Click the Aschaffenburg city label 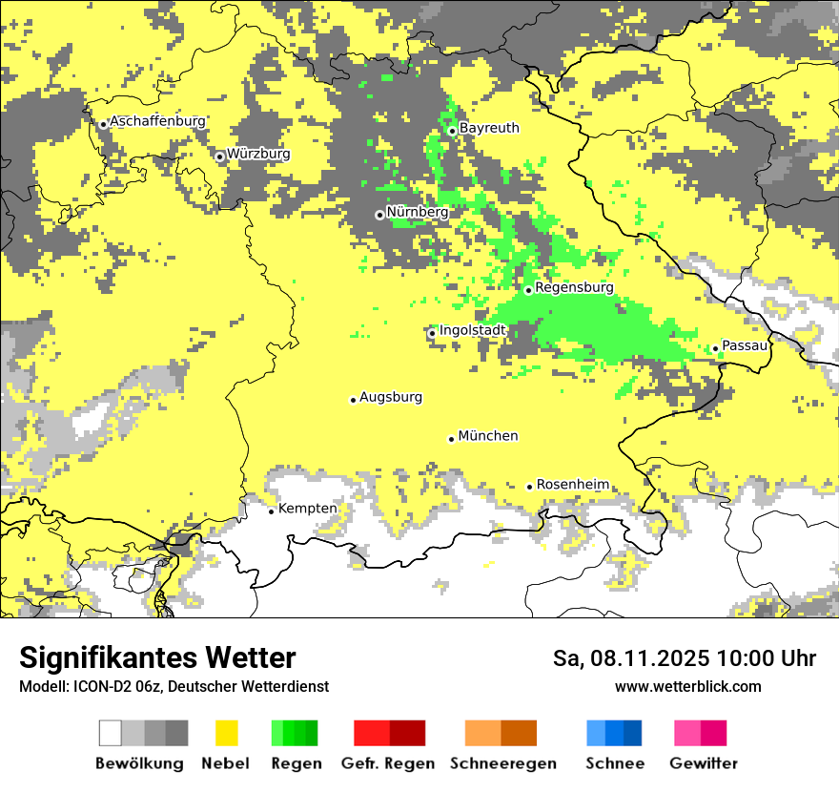click(157, 122)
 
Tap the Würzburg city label click(258, 154)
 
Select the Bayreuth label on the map click(489, 128)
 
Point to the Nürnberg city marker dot click(379, 215)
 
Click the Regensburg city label click(574, 287)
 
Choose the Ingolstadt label click(472, 330)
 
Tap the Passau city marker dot click(715, 348)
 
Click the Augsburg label click(391, 397)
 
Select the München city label click(488, 436)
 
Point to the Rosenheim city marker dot click(530, 487)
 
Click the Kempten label click(307, 509)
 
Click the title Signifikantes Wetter click(157, 657)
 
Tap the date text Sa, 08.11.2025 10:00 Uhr click(685, 658)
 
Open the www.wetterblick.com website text click(687, 686)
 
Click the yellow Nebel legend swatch click(226, 733)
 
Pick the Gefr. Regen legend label click(388, 763)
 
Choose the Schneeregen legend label click(502, 763)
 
